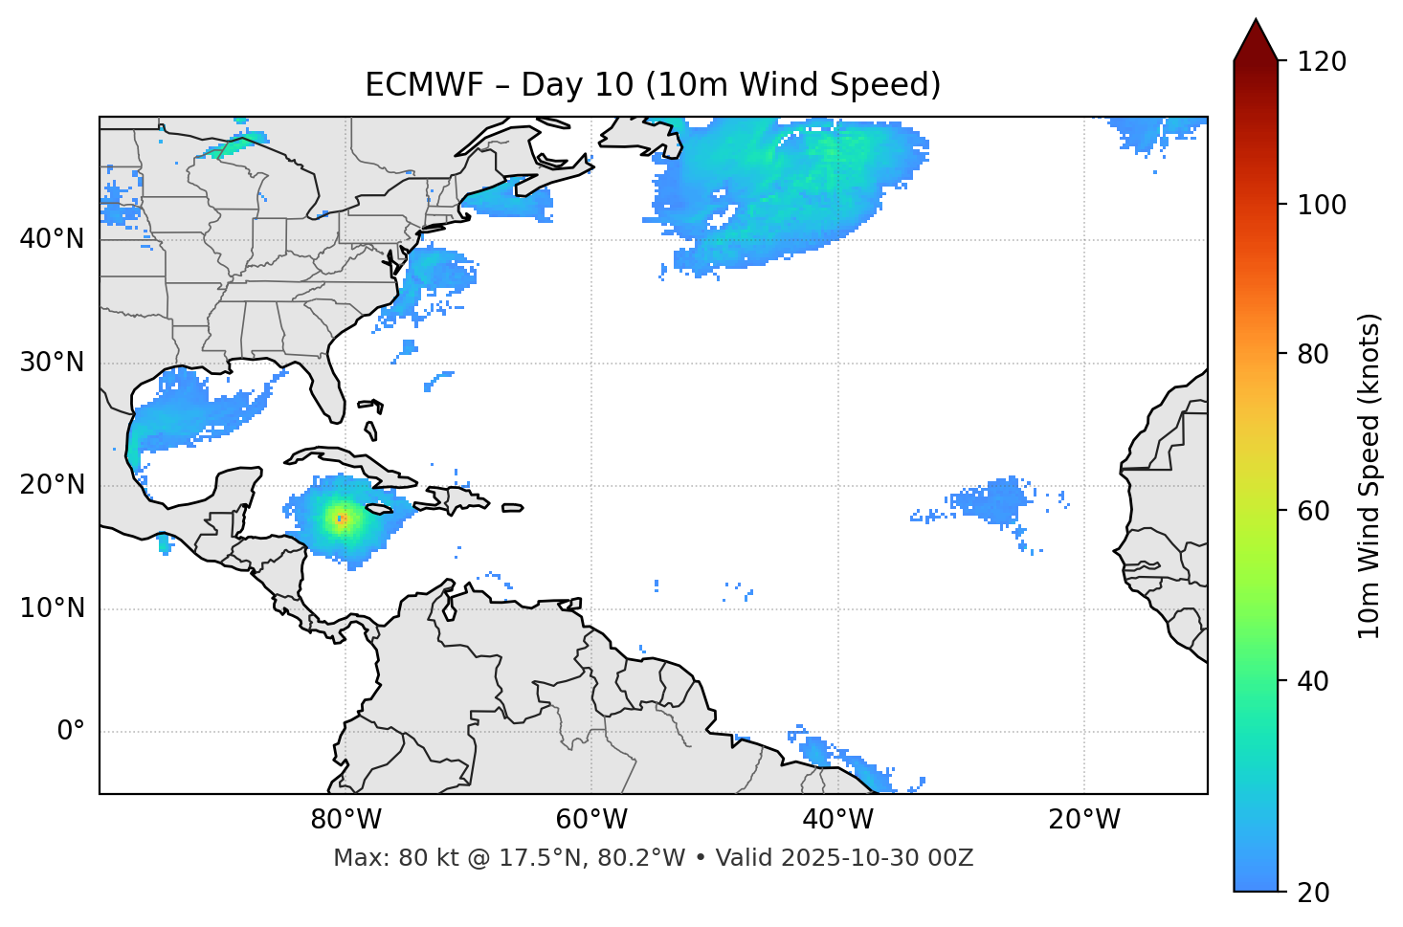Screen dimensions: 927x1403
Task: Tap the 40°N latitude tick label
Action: coord(52,239)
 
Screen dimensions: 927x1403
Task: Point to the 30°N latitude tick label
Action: coord(52,363)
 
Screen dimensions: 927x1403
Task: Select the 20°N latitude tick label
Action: coord(52,485)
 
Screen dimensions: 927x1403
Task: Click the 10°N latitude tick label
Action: coord(52,608)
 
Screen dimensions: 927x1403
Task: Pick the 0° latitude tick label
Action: coord(71,732)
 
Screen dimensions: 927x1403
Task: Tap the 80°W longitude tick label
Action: coord(345,820)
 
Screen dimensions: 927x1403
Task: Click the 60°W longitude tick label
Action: coord(590,820)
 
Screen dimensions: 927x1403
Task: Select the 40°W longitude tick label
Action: coord(837,820)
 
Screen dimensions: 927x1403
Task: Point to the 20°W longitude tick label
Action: coord(1083,820)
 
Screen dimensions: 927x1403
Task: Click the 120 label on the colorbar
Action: coord(1322,61)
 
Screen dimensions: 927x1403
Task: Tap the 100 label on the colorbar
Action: coord(1322,205)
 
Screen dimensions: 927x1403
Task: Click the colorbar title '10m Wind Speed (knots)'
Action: coord(1370,475)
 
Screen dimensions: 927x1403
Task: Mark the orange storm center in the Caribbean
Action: coord(342,519)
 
